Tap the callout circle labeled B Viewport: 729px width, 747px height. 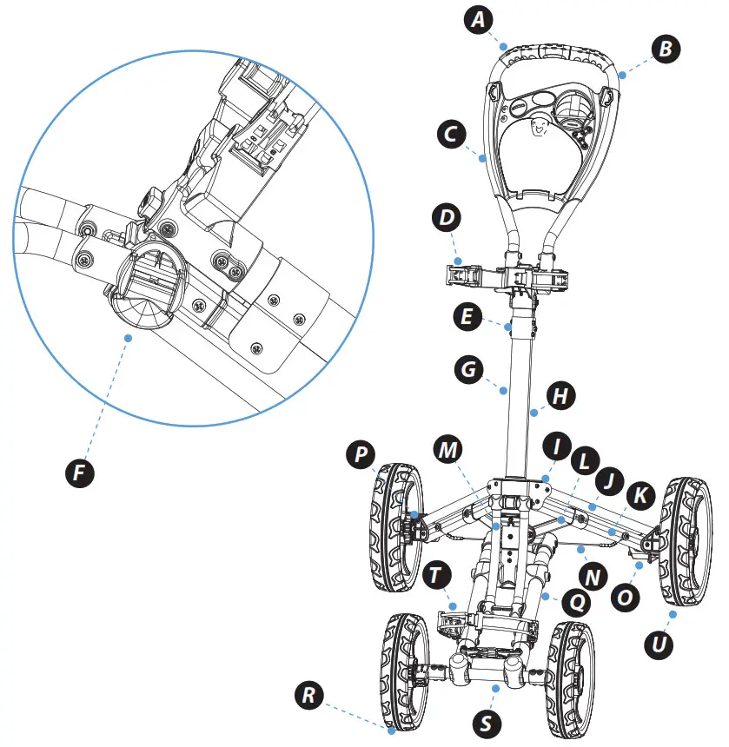(x=666, y=49)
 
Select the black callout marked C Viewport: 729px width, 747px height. (x=449, y=135)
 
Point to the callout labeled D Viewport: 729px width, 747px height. (x=447, y=217)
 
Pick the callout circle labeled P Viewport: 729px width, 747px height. (x=359, y=454)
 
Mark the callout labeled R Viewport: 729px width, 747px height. (x=307, y=695)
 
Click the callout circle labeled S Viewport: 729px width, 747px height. (x=486, y=722)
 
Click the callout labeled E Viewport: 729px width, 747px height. (x=468, y=316)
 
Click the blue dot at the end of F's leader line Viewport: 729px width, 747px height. (x=129, y=336)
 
